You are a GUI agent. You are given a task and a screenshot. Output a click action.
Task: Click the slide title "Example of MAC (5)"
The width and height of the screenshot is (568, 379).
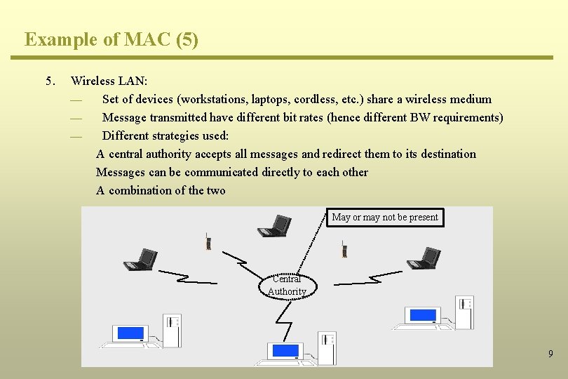[x=111, y=39]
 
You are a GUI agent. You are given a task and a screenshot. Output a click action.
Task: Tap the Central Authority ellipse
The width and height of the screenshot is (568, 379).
[x=288, y=285]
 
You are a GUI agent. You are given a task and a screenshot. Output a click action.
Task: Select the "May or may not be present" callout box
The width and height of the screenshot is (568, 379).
[x=385, y=217]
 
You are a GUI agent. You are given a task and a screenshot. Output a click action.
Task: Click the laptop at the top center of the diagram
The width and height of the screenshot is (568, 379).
[x=274, y=226]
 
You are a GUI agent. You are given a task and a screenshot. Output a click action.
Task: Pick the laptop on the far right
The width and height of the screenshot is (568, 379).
[x=424, y=258]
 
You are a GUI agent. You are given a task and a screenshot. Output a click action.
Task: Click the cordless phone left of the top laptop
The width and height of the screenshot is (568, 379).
[x=208, y=242]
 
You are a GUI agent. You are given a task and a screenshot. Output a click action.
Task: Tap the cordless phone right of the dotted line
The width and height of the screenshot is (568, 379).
[x=344, y=248]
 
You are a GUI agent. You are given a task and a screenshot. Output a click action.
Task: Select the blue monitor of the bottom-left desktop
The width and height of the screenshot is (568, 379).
[x=130, y=333]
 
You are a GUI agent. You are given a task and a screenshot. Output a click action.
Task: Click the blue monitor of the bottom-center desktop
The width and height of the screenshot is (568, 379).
[x=285, y=350]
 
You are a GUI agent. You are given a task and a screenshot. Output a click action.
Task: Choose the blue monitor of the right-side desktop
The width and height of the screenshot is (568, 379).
[x=422, y=315]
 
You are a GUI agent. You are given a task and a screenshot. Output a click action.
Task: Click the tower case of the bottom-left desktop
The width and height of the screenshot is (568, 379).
[x=172, y=329]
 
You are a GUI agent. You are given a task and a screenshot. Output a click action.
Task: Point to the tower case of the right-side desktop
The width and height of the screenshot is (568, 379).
[x=464, y=312]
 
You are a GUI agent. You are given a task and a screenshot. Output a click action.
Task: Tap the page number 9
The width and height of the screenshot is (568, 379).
[x=550, y=354]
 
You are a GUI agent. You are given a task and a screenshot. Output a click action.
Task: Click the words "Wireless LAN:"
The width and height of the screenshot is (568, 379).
[x=109, y=81]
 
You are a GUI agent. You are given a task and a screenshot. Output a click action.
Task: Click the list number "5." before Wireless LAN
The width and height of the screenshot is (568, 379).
[x=50, y=81]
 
